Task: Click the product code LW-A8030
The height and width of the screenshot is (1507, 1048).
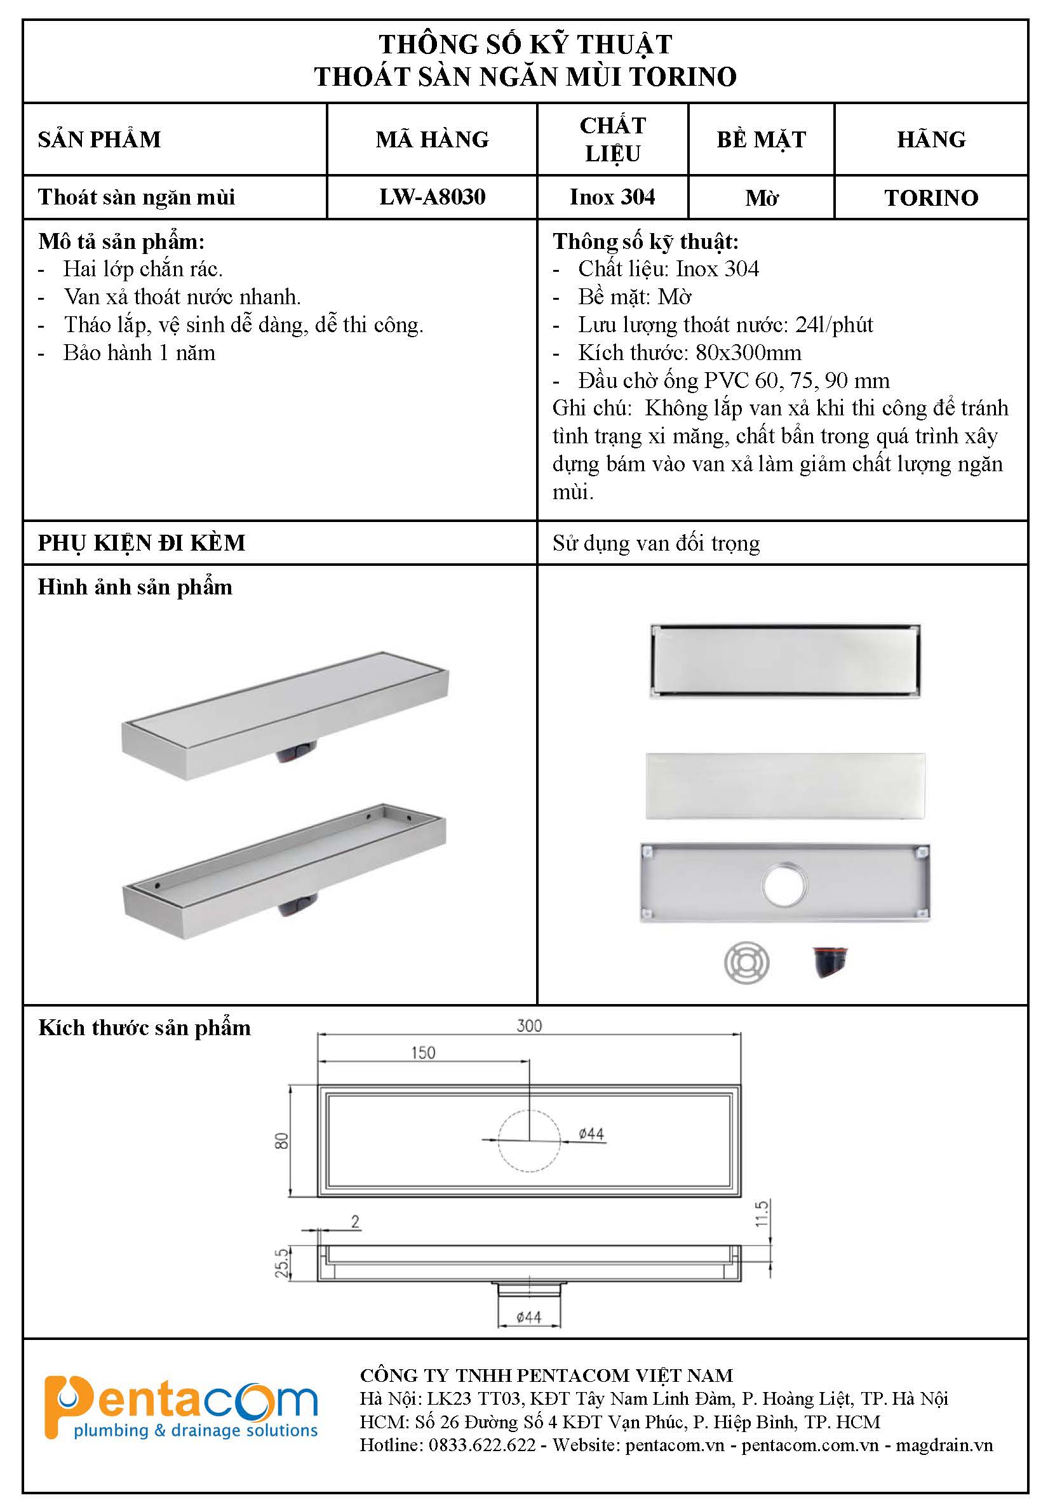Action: click(432, 197)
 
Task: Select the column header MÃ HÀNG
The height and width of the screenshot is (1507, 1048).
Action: click(432, 139)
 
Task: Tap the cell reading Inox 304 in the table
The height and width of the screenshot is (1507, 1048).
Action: click(612, 197)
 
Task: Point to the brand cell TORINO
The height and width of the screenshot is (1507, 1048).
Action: click(930, 198)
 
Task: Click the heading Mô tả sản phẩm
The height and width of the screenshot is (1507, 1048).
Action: click(121, 241)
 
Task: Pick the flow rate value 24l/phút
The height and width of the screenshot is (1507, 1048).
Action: click(834, 325)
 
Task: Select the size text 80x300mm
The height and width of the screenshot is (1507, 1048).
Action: click(749, 353)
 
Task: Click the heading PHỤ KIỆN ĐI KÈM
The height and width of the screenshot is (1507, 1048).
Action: click(142, 543)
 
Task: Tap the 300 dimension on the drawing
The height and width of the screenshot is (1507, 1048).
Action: click(529, 1026)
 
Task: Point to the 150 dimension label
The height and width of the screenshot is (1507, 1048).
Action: click(423, 1053)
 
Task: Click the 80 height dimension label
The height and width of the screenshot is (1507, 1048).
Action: click(281, 1141)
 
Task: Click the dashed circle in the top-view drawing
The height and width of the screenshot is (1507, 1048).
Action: click(529, 1141)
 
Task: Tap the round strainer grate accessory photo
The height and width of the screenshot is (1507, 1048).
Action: click(746, 963)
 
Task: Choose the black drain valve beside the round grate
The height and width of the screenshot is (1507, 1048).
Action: click(830, 961)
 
